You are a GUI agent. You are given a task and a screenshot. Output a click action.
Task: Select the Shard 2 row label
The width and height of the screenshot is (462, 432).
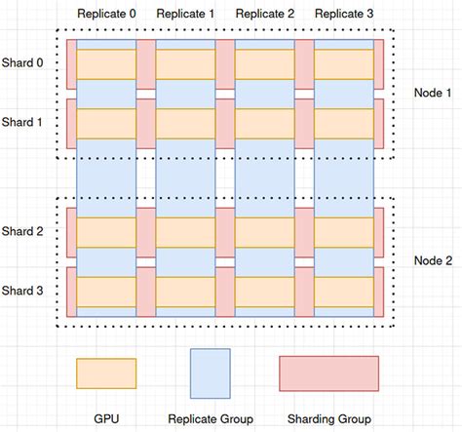pyautogui.click(x=22, y=231)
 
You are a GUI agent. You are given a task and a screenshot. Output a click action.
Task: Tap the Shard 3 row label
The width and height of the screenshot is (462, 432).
pyautogui.click(x=22, y=291)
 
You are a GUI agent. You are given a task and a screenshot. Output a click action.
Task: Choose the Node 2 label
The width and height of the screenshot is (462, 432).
pyautogui.click(x=433, y=260)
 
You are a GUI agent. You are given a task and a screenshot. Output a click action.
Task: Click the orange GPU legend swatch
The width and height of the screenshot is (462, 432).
pyautogui.click(x=106, y=373)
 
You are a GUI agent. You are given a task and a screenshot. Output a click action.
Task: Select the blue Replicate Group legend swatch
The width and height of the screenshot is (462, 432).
pyautogui.click(x=210, y=373)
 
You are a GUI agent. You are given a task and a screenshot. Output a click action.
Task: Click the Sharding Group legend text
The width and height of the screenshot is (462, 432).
pyautogui.click(x=328, y=418)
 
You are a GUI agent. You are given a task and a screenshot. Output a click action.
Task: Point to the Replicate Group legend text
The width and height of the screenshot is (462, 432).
pyautogui.click(x=211, y=418)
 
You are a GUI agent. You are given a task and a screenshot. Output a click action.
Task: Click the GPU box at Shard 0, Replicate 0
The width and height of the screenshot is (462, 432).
pyautogui.click(x=106, y=63)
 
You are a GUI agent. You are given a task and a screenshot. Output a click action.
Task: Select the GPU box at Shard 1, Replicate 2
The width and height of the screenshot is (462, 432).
pyautogui.click(x=264, y=123)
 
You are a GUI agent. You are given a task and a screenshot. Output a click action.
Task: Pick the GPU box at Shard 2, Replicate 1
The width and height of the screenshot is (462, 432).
pyautogui.click(x=185, y=232)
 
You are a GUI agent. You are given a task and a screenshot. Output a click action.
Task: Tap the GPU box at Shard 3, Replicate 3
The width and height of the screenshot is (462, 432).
pyautogui.click(x=343, y=292)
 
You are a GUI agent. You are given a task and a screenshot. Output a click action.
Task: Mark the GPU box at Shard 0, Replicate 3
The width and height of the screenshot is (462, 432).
pyautogui.click(x=343, y=63)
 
